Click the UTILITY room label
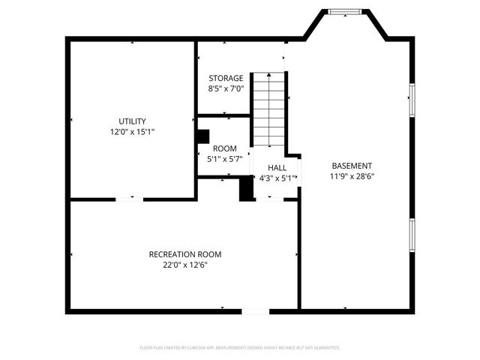pos(132,121)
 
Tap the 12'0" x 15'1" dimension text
pos(132,132)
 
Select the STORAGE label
pos(226,78)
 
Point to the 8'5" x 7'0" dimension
pos(226,88)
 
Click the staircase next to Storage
pos(268,109)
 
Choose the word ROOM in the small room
pos(225,148)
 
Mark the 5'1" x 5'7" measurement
pos(225,159)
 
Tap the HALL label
pos(277,168)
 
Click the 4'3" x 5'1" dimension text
pos(277,178)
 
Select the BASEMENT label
pos(352,166)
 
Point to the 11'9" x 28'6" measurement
pos(352,177)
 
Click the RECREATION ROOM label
pos(184,254)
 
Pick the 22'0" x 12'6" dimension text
pos(184,265)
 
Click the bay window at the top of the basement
pos(346,11)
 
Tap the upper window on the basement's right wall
pos(411,100)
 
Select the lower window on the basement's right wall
pos(411,235)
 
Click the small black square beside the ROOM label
pos(202,136)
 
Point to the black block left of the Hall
pos(246,188)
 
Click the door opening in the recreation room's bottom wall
pos(255,310)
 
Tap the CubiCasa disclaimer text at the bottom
pos(240,348)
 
